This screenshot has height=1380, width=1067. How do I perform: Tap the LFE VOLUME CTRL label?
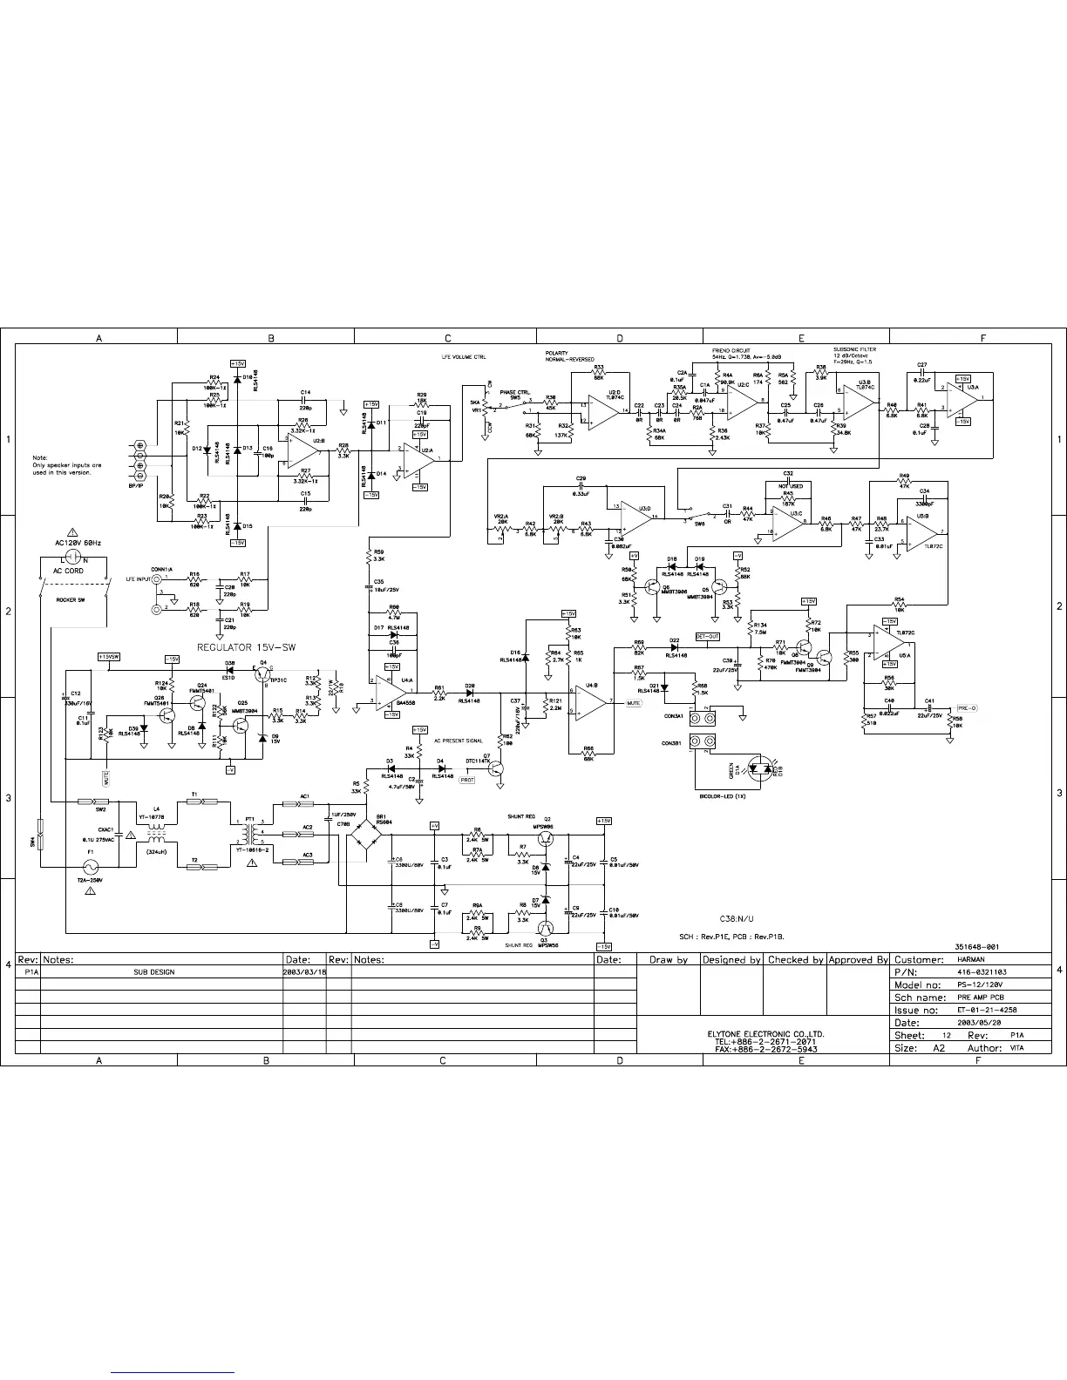tap(464, 357)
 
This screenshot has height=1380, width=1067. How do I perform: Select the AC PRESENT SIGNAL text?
tap(459, 741)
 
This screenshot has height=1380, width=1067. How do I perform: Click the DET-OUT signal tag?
tap(707, 637)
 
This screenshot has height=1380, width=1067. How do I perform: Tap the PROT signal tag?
tap(467, 780)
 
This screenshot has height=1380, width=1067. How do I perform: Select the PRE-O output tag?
tap(968, 708)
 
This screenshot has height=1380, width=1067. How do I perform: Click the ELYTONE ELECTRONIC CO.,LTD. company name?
tap(765, 1033)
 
